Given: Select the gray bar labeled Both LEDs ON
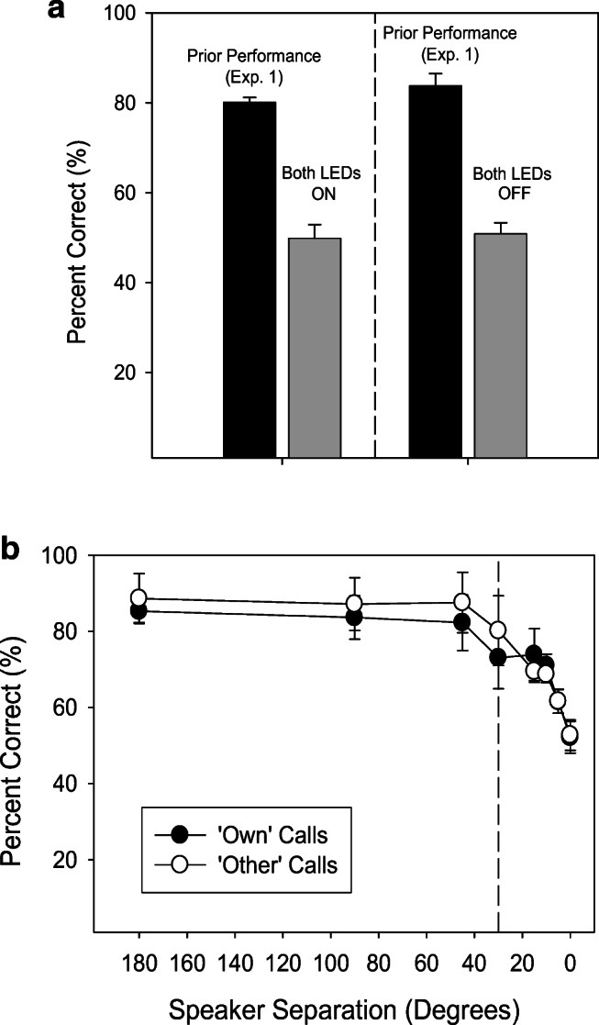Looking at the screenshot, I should click(315, 347).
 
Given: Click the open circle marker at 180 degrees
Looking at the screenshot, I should click(139, 599).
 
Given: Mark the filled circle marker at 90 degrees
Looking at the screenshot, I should click(354, 618).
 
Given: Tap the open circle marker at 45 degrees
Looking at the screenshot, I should click(462, 602).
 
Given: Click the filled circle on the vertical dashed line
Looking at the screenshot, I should click(498, 657).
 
